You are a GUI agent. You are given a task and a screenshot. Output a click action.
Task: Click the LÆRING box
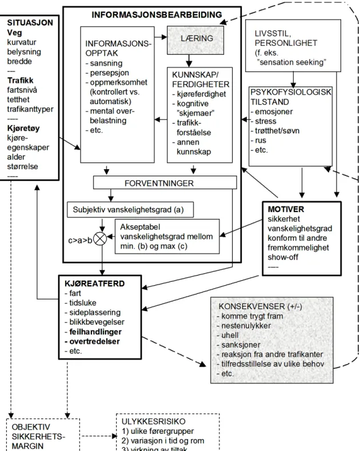pyautogui.click(x=195, y=40)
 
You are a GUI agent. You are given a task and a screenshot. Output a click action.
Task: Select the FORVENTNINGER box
pyautogui.click(x=165, y=183)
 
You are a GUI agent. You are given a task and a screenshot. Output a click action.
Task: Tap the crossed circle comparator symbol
pyautogui.click(x=100, y=238)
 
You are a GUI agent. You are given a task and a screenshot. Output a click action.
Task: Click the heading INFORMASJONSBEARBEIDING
pyautogui.click(x=157, y=15)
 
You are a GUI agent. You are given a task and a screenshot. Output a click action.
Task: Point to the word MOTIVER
pyautogui.click(x=286, y=209)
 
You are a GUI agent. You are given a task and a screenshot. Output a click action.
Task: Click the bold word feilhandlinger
pyautogui.click(x=95, y=332)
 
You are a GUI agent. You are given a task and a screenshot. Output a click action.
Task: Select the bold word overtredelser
pyautogui.click(x=95, y=341)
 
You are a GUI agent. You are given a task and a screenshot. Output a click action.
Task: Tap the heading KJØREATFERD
pyautogui.click(x=95, y=284)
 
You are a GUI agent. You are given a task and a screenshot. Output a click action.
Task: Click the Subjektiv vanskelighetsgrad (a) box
pyautogui.click(x=130, y=210)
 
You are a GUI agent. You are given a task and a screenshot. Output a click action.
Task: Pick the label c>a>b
pyautogui.click(x=80, y=240)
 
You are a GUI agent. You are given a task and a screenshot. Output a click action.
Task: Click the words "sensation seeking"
pyautogui.click(x=291, y=62)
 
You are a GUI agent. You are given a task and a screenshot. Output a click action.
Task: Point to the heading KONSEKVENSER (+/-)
pyautogui.click(x=260, y=306)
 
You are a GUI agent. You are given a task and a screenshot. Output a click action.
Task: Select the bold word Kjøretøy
pyautogui.click(x=23, y=128)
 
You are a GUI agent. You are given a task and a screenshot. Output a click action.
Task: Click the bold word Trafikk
pyautogui.click(x=20, y=80)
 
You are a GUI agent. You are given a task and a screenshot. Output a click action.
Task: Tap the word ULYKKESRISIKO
pyautogui.click(x=154, y=421)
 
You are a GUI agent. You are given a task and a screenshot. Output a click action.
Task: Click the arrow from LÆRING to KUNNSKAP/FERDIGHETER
pyautogui.click(x=189, y=61)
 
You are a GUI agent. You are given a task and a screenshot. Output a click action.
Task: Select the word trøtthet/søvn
pyautogui.click(x=277, y=131)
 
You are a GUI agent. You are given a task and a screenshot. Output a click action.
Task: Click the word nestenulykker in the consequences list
pyautogui.click(x=246, y=326)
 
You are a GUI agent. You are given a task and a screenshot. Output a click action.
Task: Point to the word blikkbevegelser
pyautogui.click(x=97, y=322)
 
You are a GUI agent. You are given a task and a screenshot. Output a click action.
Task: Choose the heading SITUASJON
pyautogui.click(x=30, y=23)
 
